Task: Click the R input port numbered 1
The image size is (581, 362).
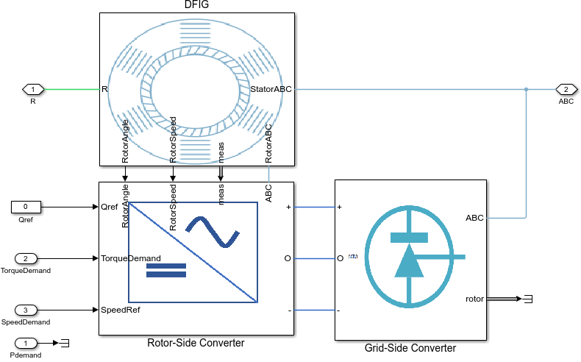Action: (33, 90)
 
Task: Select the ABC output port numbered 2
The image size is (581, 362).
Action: (566, 90)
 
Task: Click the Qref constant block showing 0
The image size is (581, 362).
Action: (26, 207)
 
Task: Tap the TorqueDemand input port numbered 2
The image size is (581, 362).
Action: (26, 258)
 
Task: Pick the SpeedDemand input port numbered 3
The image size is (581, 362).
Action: (26, 310)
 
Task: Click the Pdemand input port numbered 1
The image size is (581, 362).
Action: (26, 343)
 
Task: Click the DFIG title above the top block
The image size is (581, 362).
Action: (196, 6)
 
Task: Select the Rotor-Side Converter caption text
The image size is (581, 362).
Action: (196, 343)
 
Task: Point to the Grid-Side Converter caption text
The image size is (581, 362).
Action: (410, 348)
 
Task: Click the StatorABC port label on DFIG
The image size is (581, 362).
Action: (271, 90)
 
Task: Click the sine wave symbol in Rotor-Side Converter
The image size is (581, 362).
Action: (213, 232)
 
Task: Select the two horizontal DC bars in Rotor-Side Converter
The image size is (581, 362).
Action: (167, 270)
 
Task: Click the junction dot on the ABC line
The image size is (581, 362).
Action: (526, 90)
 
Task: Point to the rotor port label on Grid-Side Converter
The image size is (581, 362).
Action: (474, 299)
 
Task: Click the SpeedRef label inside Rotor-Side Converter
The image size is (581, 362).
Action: (121, 310)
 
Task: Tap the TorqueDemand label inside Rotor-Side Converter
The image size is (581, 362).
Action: (131, 258)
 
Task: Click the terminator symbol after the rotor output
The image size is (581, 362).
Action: (527, 299)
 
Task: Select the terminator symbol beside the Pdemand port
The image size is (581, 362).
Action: (64, 343)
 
